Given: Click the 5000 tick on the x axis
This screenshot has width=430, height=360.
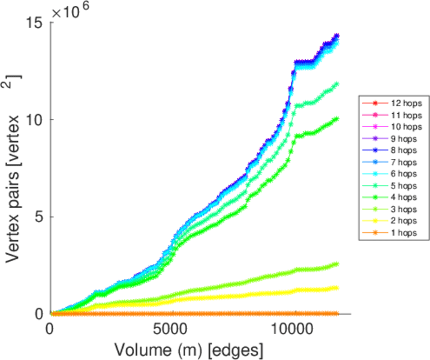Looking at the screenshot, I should point(172,329).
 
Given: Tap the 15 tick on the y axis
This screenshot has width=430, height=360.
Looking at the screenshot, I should point(36,23).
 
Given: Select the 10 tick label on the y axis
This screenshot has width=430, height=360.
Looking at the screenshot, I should point(36,120).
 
